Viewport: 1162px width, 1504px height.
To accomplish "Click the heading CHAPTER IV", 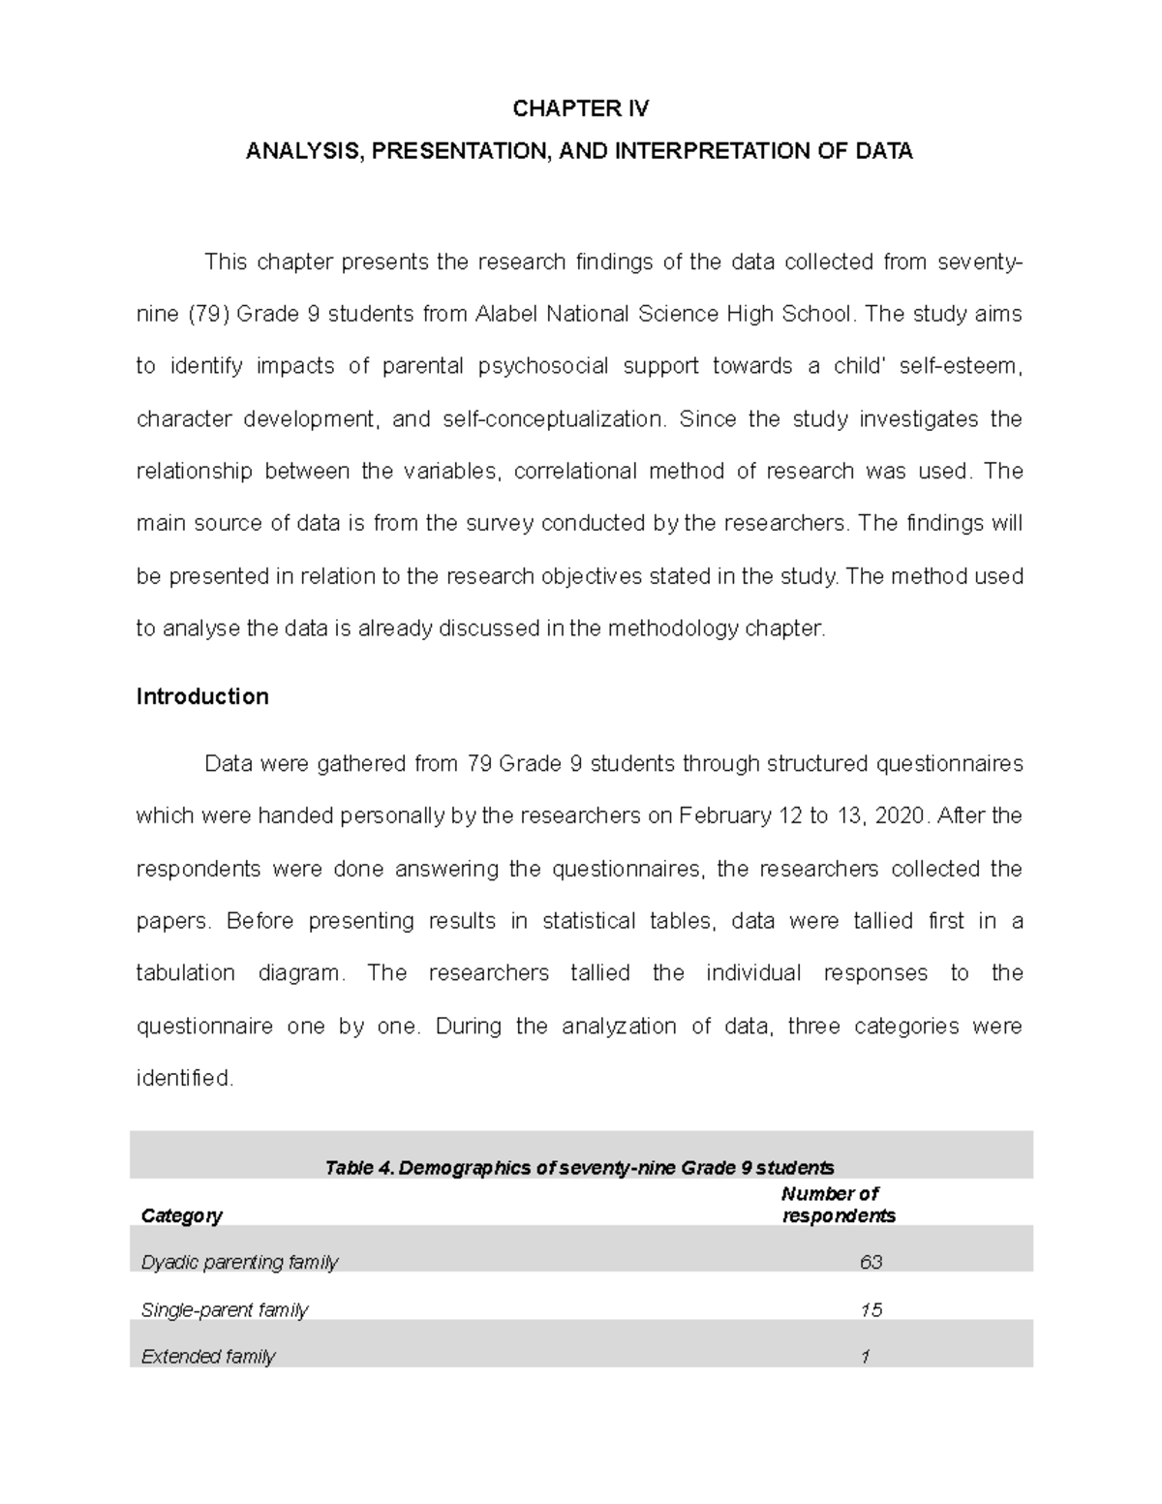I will point(580,108).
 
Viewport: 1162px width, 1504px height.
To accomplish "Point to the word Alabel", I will point(506,315).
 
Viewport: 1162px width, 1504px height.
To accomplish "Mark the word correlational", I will point(575,472).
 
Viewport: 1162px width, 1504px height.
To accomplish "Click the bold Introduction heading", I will point(202,697).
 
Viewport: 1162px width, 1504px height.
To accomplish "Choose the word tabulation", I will point(185,973).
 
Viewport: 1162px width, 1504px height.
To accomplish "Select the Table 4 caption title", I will point(580,1168).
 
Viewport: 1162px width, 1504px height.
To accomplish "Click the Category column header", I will point(182,1215).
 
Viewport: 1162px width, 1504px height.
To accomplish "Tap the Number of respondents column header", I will point(838,1205).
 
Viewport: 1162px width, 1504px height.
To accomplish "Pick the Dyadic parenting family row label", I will point(239,1263).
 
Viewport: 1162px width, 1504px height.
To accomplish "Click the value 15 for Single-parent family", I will point(871,1310).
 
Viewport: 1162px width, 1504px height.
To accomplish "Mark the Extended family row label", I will point(208,1357).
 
